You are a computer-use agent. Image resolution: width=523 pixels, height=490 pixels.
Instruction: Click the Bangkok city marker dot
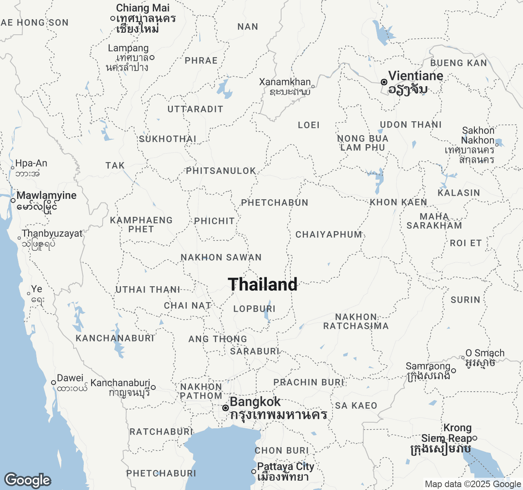point(225,408)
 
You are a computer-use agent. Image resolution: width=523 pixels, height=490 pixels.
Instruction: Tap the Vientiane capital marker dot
point(384,82)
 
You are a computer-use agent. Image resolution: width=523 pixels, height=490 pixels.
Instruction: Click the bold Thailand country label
point(263,285)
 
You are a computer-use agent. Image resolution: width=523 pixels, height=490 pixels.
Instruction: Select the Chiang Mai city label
point(143,8)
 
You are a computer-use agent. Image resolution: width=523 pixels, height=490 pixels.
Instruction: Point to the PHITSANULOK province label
point(221,171)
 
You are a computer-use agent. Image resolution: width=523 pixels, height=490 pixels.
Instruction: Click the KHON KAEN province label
point(398,202)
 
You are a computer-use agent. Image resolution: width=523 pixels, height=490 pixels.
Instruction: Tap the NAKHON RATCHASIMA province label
point(356,321)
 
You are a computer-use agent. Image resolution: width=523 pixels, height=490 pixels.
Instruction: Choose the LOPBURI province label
point(254,309)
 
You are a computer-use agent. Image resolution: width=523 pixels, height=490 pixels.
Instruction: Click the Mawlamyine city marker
point(13,200)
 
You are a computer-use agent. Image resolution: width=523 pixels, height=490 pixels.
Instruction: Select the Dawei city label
point(70,378)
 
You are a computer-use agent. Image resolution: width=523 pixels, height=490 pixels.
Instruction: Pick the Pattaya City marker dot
point(254,471)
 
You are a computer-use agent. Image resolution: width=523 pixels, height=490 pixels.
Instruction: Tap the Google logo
point(27,481)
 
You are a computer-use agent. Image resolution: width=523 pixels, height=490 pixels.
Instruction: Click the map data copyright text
point(473,484)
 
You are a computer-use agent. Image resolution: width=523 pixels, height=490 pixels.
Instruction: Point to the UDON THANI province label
point(411,125)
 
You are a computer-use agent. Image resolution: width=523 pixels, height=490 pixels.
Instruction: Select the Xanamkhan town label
point(285,82)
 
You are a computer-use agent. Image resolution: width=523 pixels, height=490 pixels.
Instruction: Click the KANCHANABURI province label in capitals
point(115,338)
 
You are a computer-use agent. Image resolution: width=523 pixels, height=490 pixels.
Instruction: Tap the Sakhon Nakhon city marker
point(497,145)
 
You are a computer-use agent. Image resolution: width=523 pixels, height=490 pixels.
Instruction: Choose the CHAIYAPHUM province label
point(329,234)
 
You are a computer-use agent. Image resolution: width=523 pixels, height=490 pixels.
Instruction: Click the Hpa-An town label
point(31,163)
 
